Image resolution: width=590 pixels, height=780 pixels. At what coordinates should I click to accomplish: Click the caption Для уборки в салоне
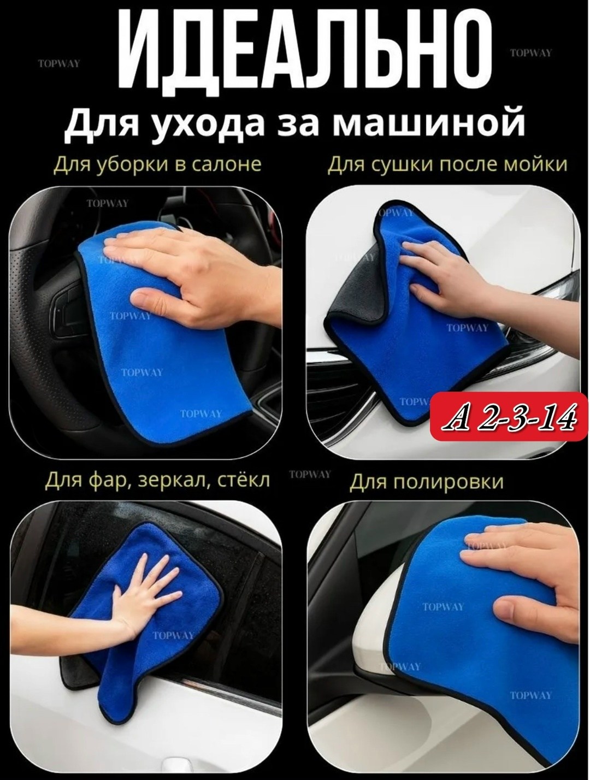[x=157, y=166]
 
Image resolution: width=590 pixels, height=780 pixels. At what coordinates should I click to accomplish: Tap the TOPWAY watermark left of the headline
[x=59, y=63]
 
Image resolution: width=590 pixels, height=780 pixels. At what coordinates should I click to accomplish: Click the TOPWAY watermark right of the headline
[x=531, y=53]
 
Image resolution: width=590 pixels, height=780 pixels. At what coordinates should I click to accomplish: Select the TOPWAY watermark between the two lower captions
[x=310, y=475]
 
